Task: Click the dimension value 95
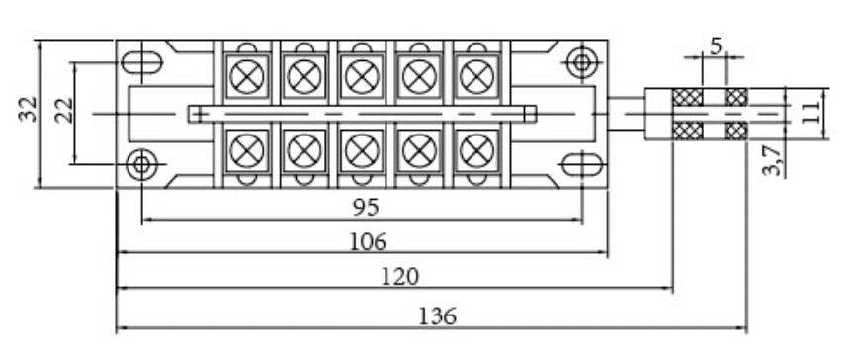[365, 208]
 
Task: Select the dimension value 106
[367, 241]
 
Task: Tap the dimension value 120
[399, 276]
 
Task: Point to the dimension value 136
[437, 316]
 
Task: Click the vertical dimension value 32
[28, 109]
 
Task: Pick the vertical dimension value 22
[64, 110]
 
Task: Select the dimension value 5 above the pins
[717, 47]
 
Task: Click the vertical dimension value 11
[812, 112]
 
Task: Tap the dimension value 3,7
[773, 160]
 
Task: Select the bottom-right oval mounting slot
[582, 165]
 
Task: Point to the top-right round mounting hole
[581, 62]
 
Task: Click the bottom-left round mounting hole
[141, 164]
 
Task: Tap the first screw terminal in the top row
[247, 76]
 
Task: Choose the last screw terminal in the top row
[476, 76]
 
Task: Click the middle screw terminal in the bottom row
[362, 151]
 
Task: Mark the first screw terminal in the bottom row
[247, 151]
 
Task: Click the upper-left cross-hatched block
[687, 97]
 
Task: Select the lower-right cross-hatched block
[736, 131]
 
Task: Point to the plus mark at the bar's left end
[200, 114]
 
